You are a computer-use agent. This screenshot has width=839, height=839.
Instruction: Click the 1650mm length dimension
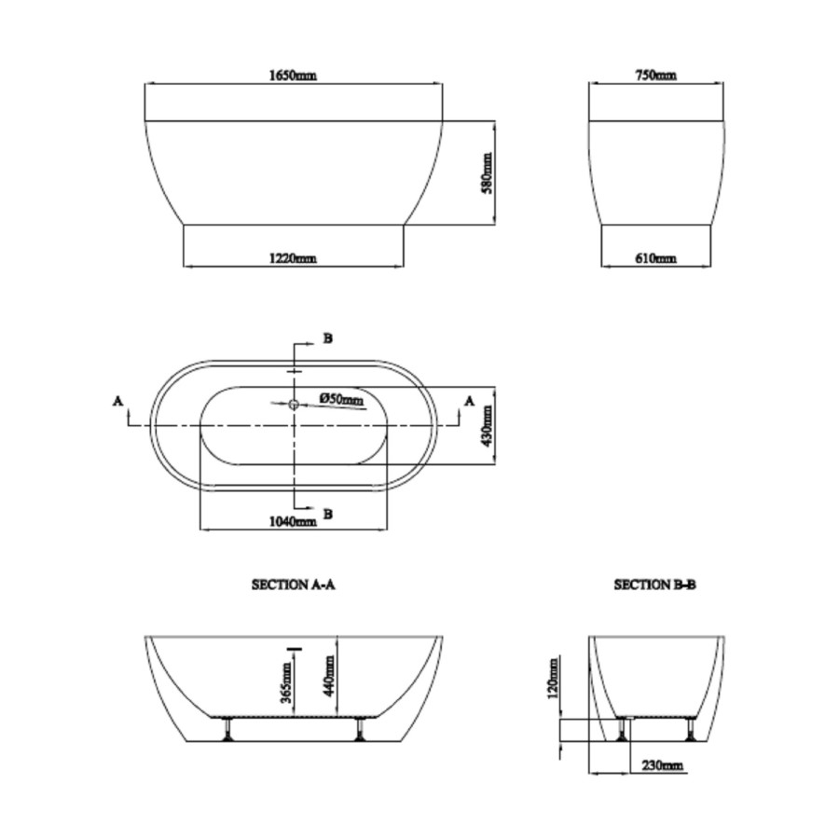click(x=293, y=76)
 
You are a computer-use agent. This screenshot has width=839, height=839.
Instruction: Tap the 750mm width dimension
click(x=656, y=76)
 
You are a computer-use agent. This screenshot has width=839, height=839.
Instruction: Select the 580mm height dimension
click(x=487, y=172)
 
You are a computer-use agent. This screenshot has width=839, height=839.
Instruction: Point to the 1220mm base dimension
click(x=293, y=258)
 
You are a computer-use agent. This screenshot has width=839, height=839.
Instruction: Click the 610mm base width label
click(x=656, y=258)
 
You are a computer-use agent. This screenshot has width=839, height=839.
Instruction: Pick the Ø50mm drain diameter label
click(x=342, y=399)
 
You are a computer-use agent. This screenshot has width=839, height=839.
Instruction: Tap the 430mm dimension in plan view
click(x=487, y=426)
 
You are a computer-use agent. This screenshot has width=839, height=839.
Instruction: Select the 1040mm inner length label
click(x=293, y=521)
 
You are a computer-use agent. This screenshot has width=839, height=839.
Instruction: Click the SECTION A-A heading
click(x=294, y=585)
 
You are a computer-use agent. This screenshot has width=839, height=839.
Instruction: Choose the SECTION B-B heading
click(x=655, y=585)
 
